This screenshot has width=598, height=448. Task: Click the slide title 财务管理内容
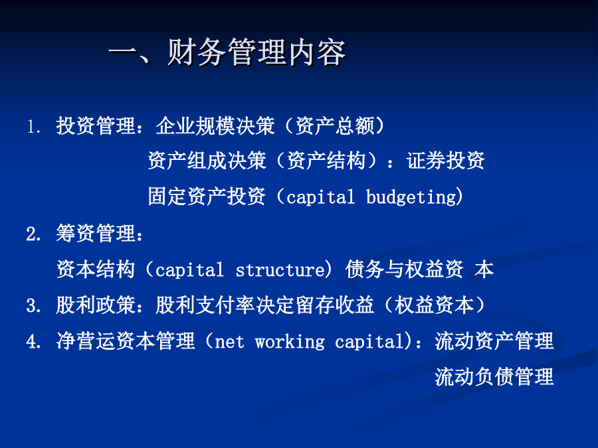click(256, 52)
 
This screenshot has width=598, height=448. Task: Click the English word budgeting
click(411, 197)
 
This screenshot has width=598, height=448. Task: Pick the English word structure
click(280, 270)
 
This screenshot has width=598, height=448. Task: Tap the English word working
click(290, 342)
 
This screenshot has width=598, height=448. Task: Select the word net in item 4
click(229, 342)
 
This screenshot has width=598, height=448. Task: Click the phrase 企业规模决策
click(215, 126)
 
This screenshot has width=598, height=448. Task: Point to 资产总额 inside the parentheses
click(335, 126)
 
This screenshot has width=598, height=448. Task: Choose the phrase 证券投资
click(445, 161)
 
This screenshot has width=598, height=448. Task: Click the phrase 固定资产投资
click(207, 196)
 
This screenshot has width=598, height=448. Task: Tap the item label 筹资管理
click(95, 233)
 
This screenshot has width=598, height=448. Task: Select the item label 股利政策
click(95, 305)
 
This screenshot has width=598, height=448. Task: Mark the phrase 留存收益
click(335, 305)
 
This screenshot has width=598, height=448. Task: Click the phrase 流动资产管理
click(494, 341)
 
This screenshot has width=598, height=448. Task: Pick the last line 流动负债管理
click(494, 377)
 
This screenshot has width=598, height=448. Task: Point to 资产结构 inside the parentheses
click(326, 161)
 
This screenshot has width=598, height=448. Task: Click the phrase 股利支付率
click(205, 305)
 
